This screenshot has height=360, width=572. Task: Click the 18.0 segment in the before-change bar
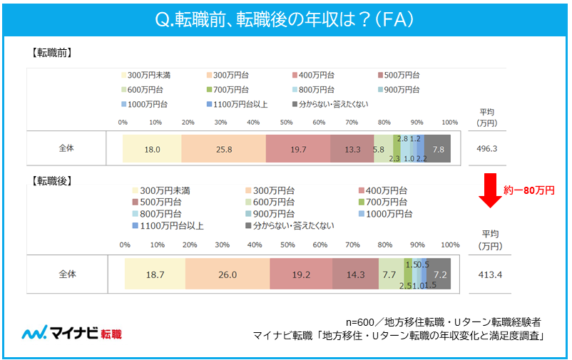point(151,149)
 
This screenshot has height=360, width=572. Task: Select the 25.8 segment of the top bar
point(223,149)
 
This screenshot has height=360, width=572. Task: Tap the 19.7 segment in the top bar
point(297,149)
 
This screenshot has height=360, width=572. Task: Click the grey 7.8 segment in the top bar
point(438,149)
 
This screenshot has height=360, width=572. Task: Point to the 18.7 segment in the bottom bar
point(155,274)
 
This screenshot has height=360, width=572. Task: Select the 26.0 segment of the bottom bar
point(228,274)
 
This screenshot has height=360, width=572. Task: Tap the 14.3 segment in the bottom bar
point(355,274)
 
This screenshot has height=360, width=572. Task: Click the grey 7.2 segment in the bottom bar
point(439,274)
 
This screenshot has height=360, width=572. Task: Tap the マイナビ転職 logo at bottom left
point(72,333)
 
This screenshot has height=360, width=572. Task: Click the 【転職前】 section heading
point(51,53)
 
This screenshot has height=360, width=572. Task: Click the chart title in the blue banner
point(285,19)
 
